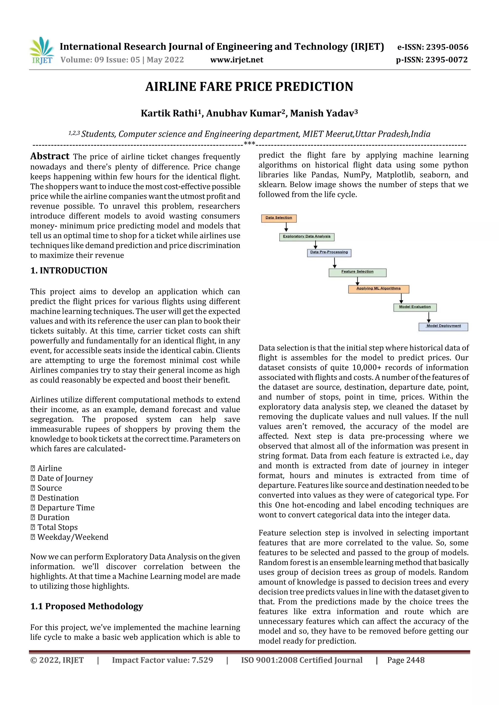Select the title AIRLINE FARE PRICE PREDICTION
(249, 87)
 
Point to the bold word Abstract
(50, 156)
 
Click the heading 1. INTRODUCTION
(69, 271)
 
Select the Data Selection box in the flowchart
(278, 218)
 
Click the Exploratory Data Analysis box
(307, 237)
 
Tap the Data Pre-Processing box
(329, 252)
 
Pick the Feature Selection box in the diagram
(357, 272)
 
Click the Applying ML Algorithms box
(378, 289)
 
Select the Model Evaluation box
(415, 307)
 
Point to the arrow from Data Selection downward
(286, 227)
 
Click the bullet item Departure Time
(66, 508)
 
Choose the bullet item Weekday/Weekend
(73, 537)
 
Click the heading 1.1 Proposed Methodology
(87, 606)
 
